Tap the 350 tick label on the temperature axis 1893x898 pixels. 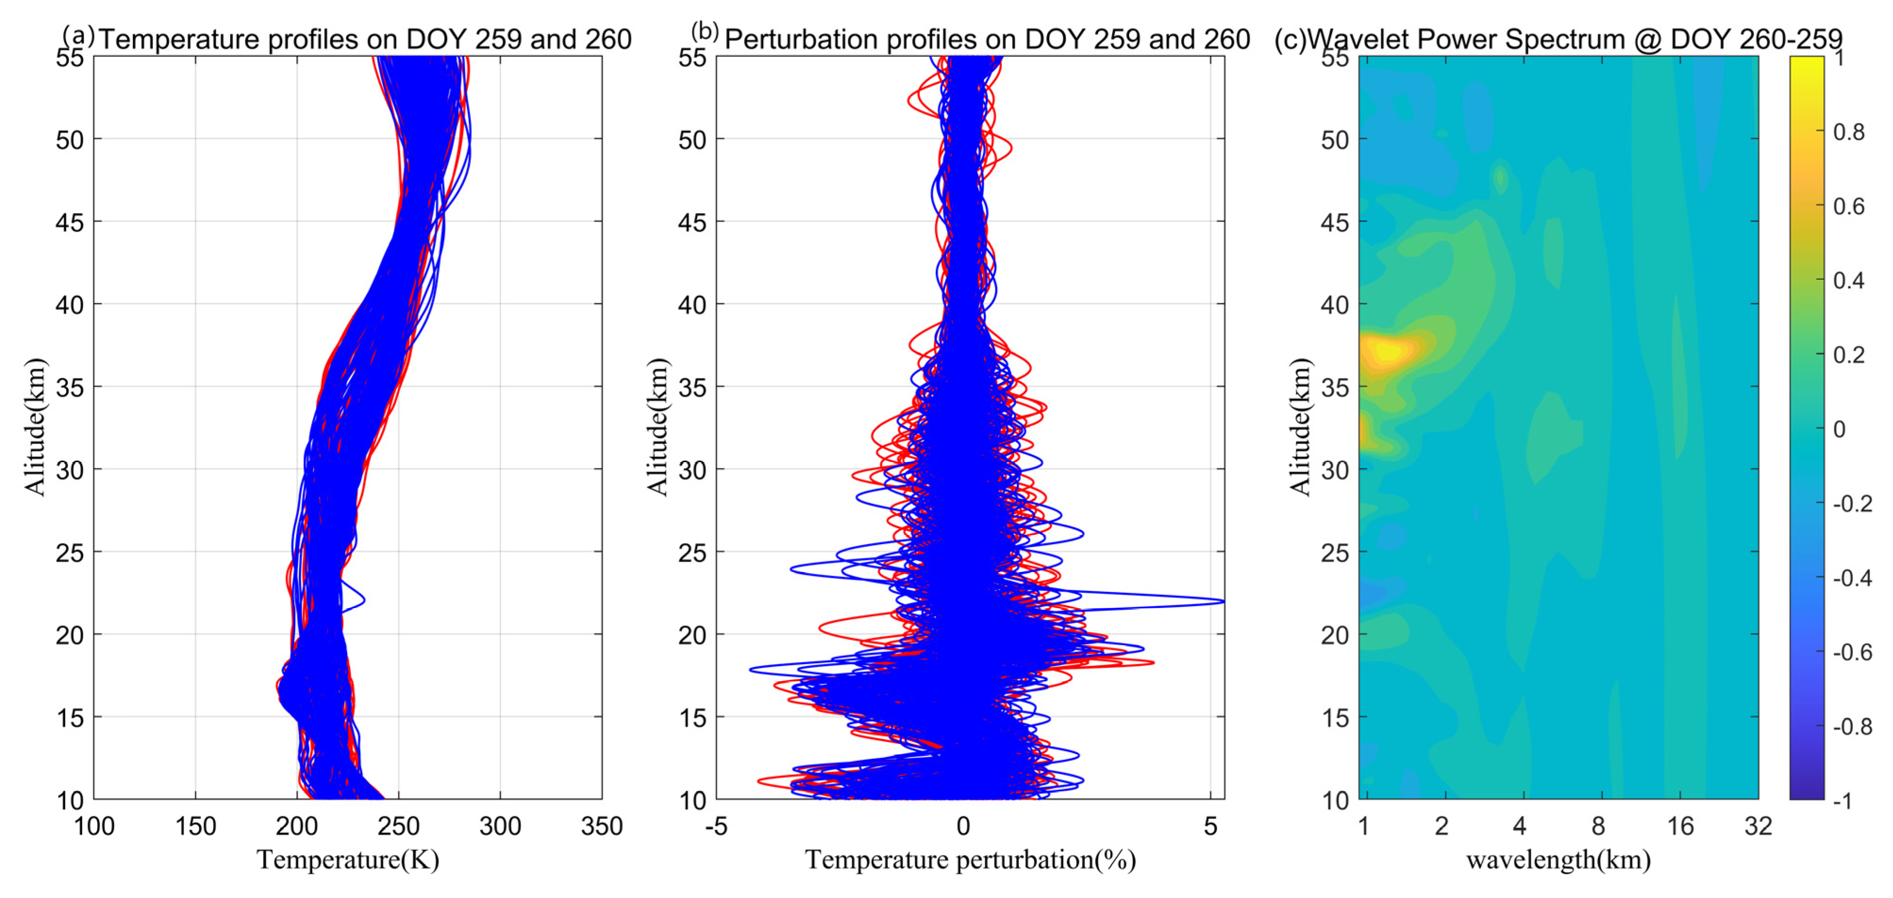click(x=601, y=826)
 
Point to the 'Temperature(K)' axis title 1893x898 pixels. click(x=347, y=859)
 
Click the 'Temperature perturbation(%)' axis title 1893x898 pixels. click(x=970, y=859)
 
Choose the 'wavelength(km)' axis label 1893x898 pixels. click(x=1558, y=859)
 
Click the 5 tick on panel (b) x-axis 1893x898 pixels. click(x=1210, y=826)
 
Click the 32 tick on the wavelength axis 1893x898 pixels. click(x=1758, y=826)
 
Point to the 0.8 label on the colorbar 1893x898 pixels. click(x=1848, y=132)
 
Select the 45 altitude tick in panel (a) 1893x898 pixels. click(x=70, y=222)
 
